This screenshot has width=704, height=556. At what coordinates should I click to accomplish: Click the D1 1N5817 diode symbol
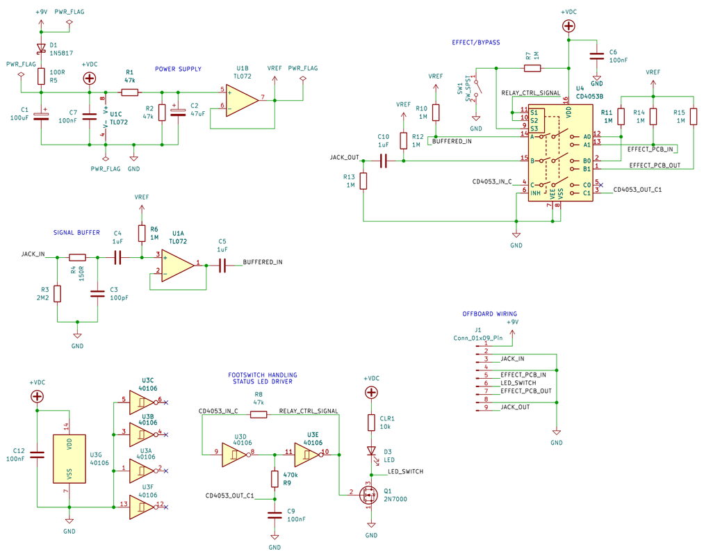coord(41,48)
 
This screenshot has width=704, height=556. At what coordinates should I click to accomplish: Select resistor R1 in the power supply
coord(130,92)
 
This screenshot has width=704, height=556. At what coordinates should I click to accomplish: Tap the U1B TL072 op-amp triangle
coord(242,101)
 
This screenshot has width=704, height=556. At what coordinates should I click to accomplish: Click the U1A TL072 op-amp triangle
coord(178,265)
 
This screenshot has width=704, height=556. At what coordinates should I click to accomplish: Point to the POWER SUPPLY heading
coord(178,69)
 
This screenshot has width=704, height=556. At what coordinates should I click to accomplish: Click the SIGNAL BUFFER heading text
coord(76,233)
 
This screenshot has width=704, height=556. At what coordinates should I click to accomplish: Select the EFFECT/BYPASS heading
coord(476,42)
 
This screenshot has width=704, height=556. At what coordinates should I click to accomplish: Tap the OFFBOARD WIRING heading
coord(490,314)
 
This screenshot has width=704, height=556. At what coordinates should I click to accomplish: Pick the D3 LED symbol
coord(371,450)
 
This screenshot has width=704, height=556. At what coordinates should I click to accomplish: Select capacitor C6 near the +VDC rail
coord(597,56)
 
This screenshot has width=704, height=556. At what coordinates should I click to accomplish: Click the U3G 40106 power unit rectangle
coord(69,459)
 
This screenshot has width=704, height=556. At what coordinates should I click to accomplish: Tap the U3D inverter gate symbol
coord(235,455)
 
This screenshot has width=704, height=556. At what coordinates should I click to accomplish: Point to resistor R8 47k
coord(258,414)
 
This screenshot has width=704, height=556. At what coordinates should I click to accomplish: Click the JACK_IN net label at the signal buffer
coord(33,254)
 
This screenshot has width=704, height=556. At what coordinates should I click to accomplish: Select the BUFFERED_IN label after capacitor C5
coord(263,262)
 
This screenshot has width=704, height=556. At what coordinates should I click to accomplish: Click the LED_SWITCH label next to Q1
coord(405,472)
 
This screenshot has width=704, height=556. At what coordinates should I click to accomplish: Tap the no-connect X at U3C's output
coord(166,402)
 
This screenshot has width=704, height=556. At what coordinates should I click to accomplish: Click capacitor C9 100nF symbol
coord(275,515)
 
